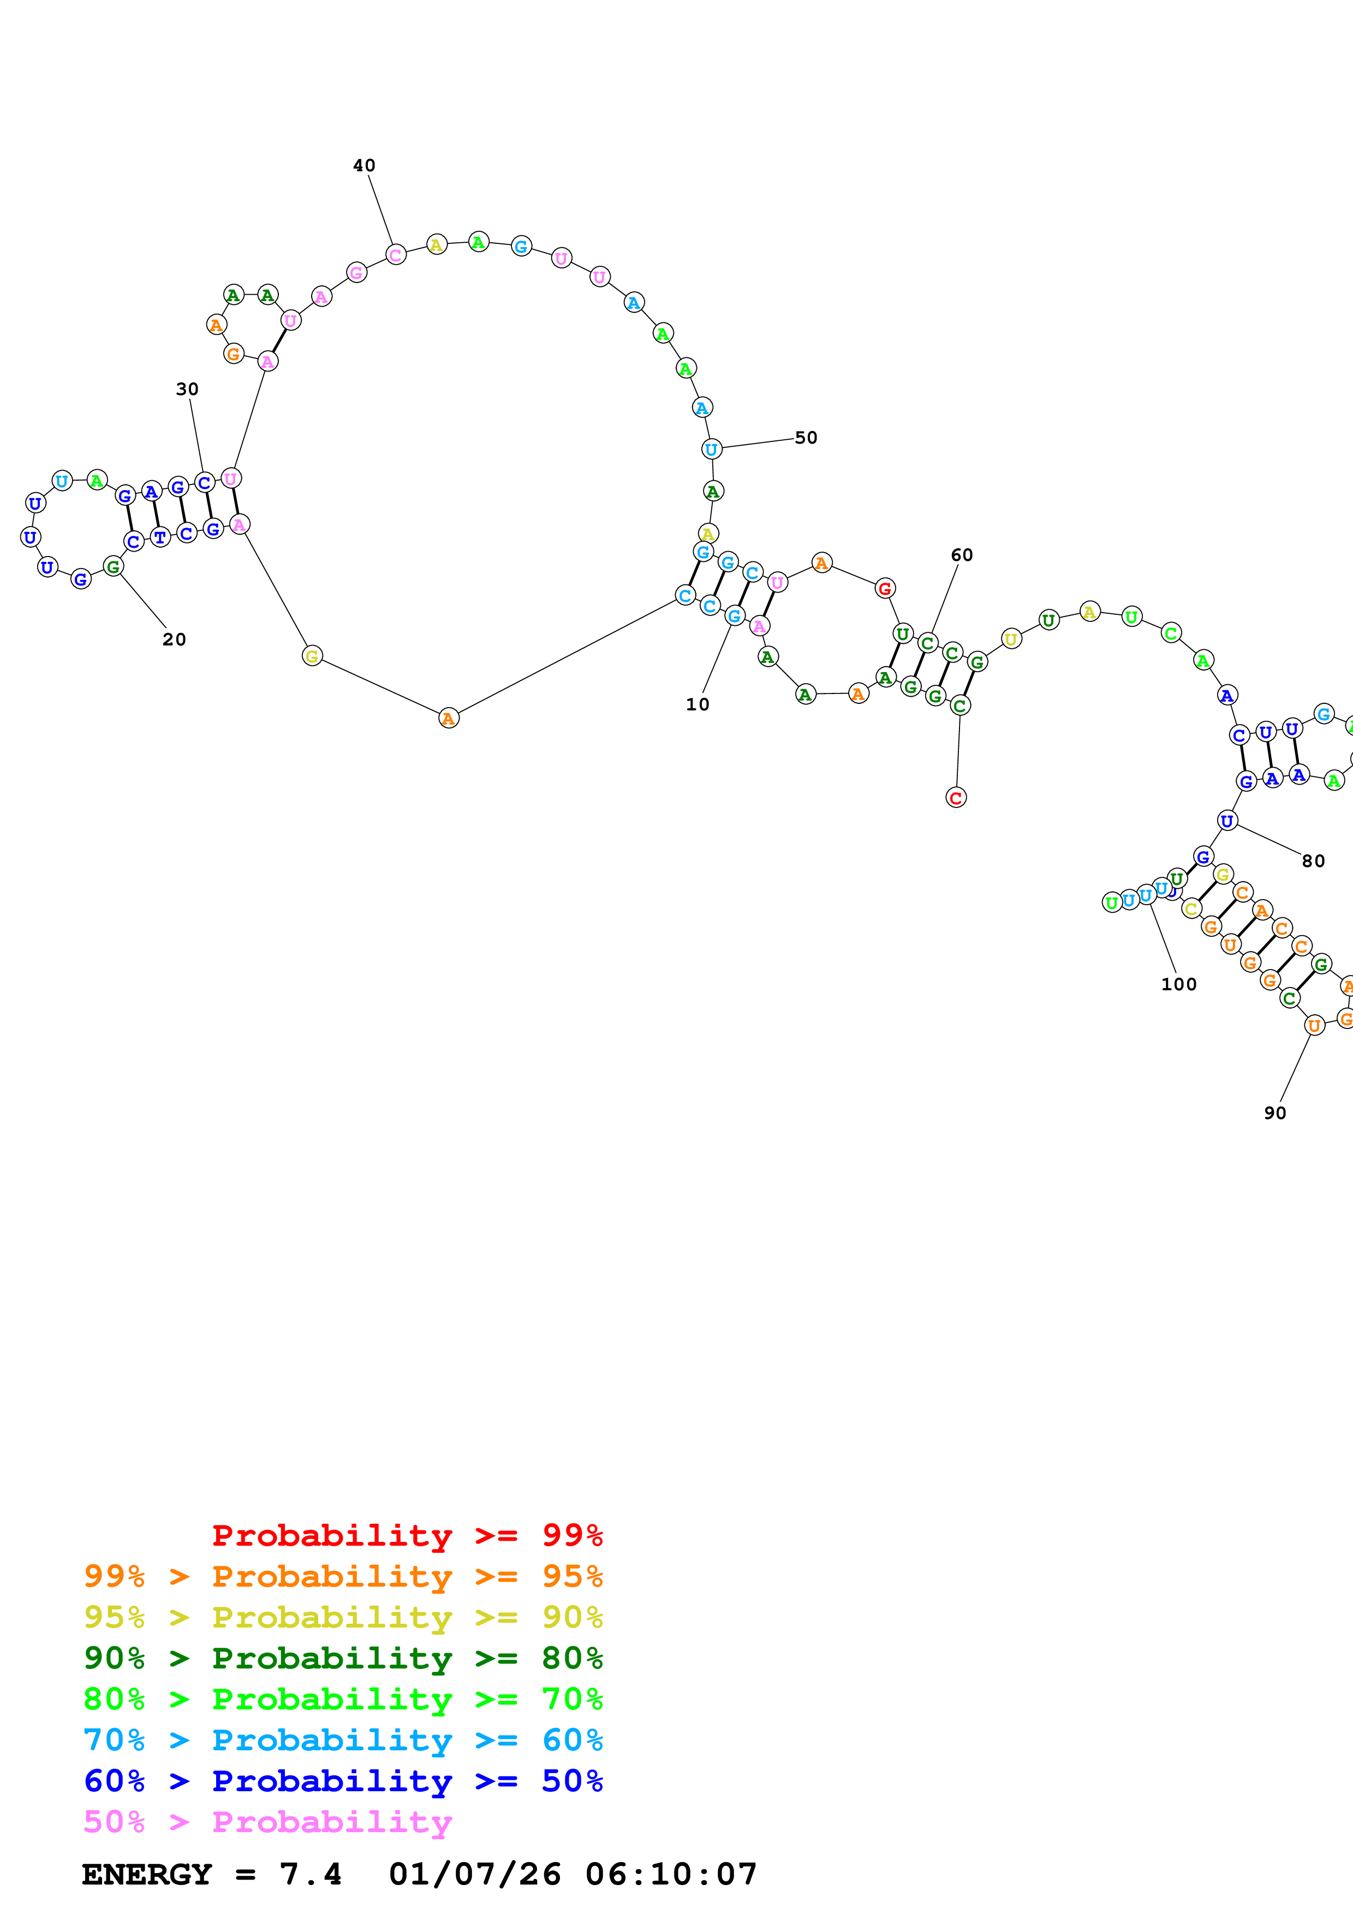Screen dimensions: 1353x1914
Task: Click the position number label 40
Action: [x=364, y=166]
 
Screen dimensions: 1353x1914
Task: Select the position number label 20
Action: [x=174, y=639]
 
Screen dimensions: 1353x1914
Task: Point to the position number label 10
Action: [x=698, y=704]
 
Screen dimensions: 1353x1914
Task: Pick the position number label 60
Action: [x=962, y=555]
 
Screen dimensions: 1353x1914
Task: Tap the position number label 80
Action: [x=1314, y=861]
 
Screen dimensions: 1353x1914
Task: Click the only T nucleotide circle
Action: [x=160, y=537]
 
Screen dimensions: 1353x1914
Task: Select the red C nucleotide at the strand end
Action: [x=956, y=798]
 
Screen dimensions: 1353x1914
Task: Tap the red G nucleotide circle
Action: [x=885, y=589]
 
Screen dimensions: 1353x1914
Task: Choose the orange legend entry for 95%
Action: [x=343, y=1576]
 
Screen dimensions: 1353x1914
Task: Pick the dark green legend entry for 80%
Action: [x=343, y=1658]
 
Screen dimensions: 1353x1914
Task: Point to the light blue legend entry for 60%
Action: [x=343, y=1740]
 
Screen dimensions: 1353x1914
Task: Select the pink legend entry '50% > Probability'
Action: [x=267, y=1821]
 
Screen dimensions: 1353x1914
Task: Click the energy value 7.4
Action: [x=310, y=1874]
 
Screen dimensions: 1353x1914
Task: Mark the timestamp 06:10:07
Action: [x=671, y=1874]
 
